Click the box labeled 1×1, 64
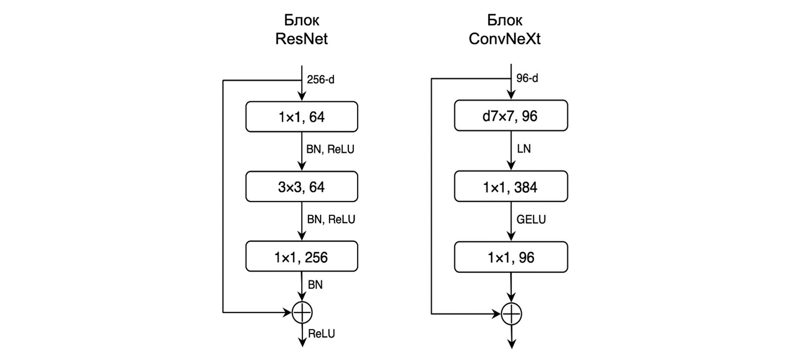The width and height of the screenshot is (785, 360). point(302,117)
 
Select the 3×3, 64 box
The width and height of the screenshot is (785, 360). point(302,187)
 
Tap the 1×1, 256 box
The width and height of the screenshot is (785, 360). point(302,257)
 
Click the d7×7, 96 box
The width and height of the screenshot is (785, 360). point(511,116)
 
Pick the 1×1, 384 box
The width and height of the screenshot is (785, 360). point(511,187)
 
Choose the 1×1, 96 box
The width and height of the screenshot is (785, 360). point(511,257)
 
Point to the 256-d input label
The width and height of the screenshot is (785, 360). point(321,79)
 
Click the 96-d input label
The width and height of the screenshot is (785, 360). point(527,78)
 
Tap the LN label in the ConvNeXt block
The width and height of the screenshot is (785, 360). point(524,149)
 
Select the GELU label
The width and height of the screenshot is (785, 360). point(531,219)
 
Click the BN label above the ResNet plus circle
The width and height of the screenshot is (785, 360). point(315,285)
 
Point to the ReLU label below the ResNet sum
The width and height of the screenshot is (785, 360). point(321,334)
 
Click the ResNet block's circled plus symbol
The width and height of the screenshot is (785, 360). point(302,312)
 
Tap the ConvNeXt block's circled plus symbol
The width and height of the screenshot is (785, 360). point(512,314)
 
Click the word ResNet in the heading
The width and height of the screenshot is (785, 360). point(302,39)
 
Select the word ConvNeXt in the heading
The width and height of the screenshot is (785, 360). point(504,39)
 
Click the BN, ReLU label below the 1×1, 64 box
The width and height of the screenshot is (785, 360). point(330,149)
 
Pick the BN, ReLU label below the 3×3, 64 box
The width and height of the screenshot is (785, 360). point(331,219)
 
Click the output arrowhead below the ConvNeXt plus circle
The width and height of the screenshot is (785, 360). point(512,344)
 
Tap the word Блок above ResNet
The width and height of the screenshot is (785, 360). point(302,20)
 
